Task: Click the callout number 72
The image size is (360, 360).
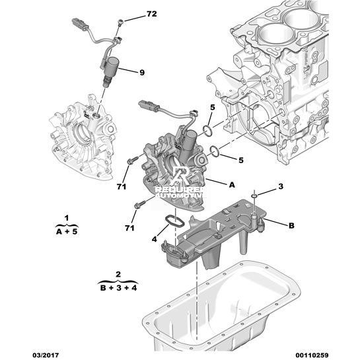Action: click(x=151, y=14)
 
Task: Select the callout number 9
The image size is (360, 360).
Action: click(x=142, y=73)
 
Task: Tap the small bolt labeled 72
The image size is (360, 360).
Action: click(x=121, y=22)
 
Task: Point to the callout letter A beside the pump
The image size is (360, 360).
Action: click(x=232, y=184)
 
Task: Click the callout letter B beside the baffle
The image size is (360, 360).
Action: click(x=291, y=225)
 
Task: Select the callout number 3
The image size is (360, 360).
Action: click(x=281, y=186)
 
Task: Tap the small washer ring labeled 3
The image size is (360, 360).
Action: click(x=254, y=196)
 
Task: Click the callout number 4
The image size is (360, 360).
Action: click(x=155, y=239)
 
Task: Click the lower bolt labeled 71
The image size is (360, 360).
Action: click(x=139, y=204)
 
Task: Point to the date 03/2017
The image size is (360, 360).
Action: click(x=45, y=355)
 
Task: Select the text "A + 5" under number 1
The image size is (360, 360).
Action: click(x=67, y=231)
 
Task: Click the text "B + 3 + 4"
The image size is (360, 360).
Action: click(x=118, y=287)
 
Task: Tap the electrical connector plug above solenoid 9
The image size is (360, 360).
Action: click(x=79, y=23)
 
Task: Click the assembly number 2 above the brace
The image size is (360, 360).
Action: click(x=118, y=274)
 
